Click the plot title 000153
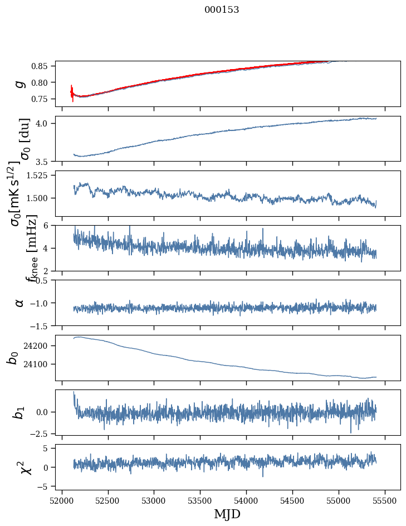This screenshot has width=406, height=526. tap(222, 10)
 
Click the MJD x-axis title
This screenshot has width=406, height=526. tap(227, 514)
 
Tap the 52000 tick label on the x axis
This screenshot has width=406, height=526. tap(62, 500)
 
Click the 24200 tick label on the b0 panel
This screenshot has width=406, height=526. tap(39, 346)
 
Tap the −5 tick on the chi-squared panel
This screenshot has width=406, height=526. tap(47, 486)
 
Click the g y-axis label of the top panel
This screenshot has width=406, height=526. tap(20, 84)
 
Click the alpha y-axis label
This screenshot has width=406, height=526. tap(20, 303)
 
